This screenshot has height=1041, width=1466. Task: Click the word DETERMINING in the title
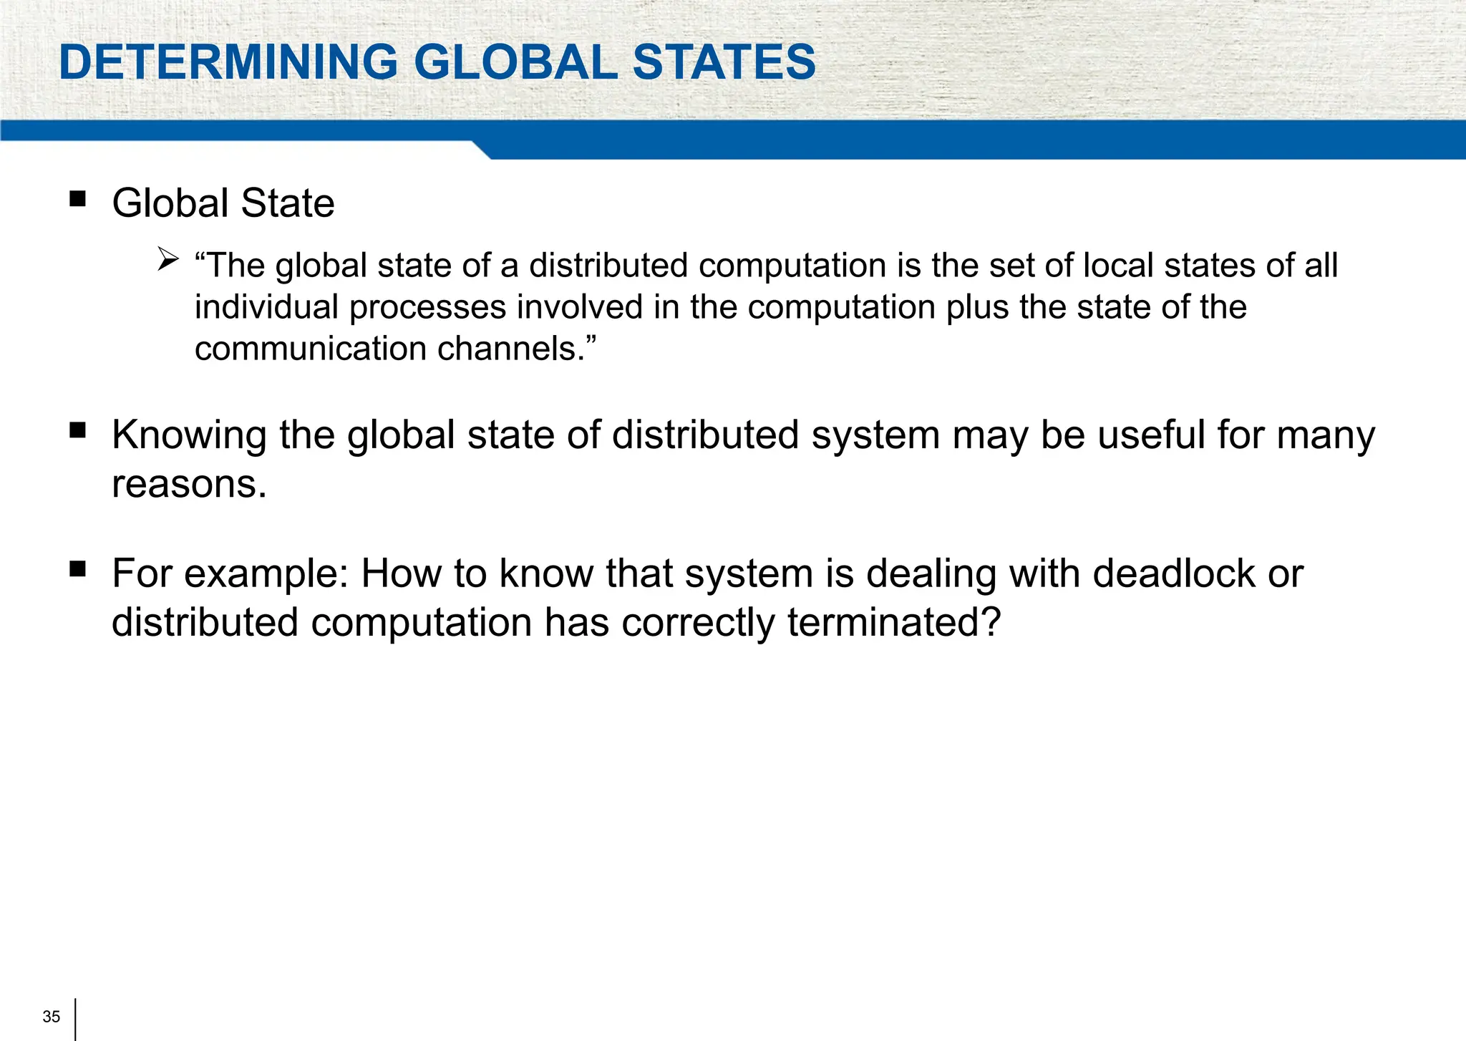pyautogui.click(x=228, y=62)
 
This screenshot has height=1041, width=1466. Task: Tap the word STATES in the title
pyautogui.click(x=724, y=62)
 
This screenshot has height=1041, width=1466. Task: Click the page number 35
pyautogui.click(x=51, y=1017)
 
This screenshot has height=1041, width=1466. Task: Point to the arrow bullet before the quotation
pyautogui.click(x=168, y=258)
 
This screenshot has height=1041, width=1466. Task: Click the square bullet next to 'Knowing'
pyautogui.click(x=77, y=430)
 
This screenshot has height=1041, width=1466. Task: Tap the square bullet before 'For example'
pyautogui.click(x=77, y=569)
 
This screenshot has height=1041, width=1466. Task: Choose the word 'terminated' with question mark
pyautogui.click(x=893, y=622)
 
